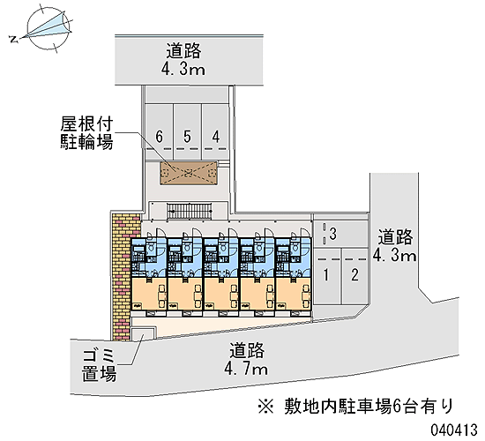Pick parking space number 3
pos(340,234)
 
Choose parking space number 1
pos(326,275)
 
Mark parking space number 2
pos(354,275)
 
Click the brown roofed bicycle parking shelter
pos(189,173)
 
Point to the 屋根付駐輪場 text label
pos(86,133)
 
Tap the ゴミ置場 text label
pos(99,365)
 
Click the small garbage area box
pos(143,334)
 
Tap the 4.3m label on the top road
pos(183,69)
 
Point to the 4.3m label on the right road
pos(395,256)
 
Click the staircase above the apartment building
pos(190,212)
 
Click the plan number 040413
pos(455,430)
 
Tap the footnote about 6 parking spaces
pos(355,406)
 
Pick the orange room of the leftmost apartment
pos(149,294)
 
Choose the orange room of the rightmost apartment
pos(294,294)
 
